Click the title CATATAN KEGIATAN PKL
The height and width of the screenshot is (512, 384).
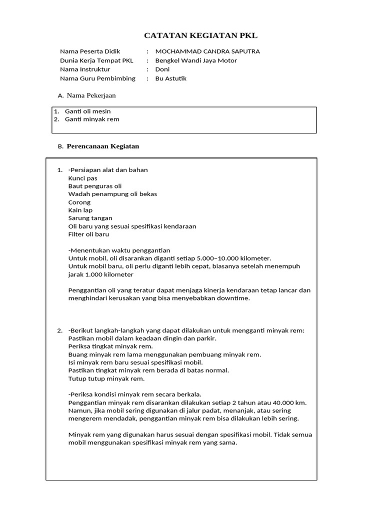pyautogui.click(x=200, y=35)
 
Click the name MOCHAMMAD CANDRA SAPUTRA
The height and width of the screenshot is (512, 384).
pyautogui.click(x=207, y=51)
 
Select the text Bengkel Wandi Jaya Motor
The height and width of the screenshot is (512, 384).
pyautogui.click(x=196, y=60)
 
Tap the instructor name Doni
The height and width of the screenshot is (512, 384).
pyautogui.click(x=162, y=69)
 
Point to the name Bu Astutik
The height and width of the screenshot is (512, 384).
pyautogui.click(x=171, y=78)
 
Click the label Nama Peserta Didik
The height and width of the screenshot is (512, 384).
pyautogui.click(x=90, y=51)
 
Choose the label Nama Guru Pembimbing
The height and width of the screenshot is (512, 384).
pyautogui.click(x=97, y=78)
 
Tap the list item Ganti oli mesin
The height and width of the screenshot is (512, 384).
pyautogui.click(x=88, y=111)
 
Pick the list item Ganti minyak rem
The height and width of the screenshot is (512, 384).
pyautogui.click(x=92, y=119)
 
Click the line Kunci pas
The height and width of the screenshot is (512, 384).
pyautogui.click(x=82, y=178)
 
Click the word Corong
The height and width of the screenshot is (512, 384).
pyautogui.click(x=79, y=202)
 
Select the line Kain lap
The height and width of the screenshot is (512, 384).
pyautogui.click(x=80, y=210)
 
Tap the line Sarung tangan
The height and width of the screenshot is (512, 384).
pyautogui.click(x=90, y=218)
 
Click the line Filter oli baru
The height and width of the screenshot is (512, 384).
pyautogui.click(x=88, y=234)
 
